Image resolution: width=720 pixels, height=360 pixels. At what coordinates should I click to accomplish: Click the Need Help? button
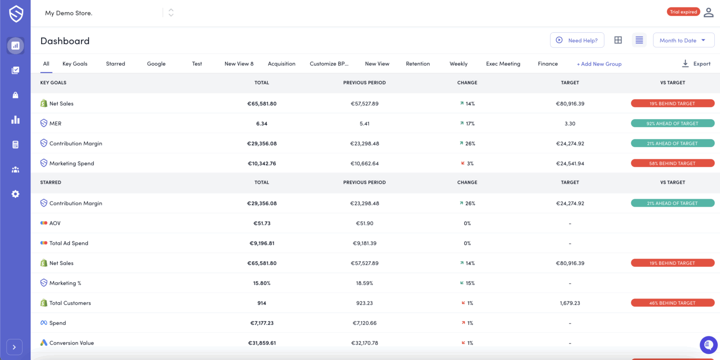click(x=577, y=40)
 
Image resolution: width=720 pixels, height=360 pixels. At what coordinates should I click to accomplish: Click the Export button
click(x=696, y=64)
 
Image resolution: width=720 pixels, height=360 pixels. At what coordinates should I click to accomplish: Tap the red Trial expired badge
click(x=683, y=12)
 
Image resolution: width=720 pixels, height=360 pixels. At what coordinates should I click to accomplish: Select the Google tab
click(x=156, y=64)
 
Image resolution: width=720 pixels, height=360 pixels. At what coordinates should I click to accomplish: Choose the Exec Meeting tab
click(x=503, y=64)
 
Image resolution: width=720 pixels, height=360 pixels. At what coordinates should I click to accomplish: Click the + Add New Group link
click(x=599, y=64)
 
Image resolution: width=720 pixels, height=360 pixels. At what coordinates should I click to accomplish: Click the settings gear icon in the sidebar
click(x=15, y=194)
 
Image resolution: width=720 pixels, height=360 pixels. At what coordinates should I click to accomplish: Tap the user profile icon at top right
click(x=708, y=12)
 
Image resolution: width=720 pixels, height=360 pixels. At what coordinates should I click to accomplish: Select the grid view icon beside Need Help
click(x=618, y=40)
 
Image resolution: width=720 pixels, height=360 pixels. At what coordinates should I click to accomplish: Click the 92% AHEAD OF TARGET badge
click(x=672, y=123)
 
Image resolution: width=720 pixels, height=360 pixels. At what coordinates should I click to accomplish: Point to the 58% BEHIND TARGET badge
click(x=672, y=163)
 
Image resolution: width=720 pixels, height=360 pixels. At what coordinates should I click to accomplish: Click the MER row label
click(x=55, y=123)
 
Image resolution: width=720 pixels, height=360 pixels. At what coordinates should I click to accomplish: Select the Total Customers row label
click(x=70, y=303)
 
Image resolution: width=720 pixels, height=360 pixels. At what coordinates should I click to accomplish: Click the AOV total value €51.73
click(x=262, y=223)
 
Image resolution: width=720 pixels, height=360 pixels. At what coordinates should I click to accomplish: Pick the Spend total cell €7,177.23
click(x=262, y=323)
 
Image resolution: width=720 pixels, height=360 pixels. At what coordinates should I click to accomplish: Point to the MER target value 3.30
click(x=570, y=123)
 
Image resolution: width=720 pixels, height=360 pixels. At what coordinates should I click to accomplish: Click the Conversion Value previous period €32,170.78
click(x=364, y=343)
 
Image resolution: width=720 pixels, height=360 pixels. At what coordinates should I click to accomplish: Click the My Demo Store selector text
click(x=68, y=13)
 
